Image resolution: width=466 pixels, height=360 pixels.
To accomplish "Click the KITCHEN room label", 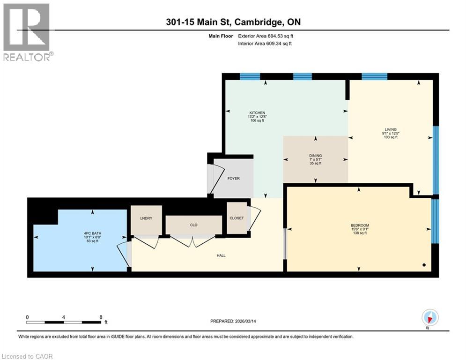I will click(x=257, y=113).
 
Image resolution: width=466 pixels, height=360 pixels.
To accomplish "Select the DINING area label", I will click(x=315, y=156).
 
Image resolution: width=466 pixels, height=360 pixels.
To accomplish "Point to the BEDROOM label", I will click(x=360, y=225).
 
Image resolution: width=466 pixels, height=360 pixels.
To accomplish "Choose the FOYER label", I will click(x=233, y=179).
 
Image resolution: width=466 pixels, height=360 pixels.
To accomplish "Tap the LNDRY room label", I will click(x=146, y=218).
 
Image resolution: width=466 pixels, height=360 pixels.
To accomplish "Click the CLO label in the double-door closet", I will click(x=193, y=225).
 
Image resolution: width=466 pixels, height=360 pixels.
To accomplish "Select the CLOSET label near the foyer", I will click(x=237, y=218).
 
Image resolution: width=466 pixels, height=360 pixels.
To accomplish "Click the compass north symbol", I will click(x=429, y=318).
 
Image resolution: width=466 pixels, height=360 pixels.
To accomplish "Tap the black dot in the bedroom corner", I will click(x=424, y=265).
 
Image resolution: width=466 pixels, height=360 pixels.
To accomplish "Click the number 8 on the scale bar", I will click(x=101, y=317).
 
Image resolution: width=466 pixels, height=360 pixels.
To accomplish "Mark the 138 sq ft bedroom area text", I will click(x=360, y=233).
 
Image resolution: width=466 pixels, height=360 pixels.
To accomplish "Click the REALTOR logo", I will click(x=27, y=32).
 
